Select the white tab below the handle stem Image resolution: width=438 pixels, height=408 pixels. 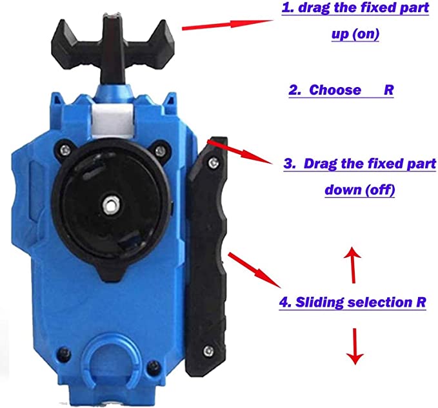tap(112, 119)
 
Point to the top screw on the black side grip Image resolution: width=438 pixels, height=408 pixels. tap(214, 162)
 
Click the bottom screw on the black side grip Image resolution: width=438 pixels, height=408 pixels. tap(208, 351)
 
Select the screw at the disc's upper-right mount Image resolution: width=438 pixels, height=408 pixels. tap(160, 151)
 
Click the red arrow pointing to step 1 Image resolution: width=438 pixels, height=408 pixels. tap(228, 24)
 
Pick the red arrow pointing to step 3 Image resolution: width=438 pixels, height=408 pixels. tap(240, 152)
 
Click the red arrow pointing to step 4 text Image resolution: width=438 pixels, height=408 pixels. tap(255, 270)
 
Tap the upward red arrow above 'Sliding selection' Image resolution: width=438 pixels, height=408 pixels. tap(352, 265)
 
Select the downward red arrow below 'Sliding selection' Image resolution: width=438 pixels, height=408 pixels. tap(355, 346)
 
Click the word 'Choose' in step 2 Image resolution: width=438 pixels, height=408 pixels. tap(335, 90)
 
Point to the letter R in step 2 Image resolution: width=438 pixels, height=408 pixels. tap(388, 90)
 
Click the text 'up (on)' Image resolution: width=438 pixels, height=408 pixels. tap(355, 34)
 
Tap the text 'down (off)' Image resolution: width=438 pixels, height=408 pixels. tap(360, 190)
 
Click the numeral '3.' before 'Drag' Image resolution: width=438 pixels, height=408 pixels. tap(290, 164)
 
